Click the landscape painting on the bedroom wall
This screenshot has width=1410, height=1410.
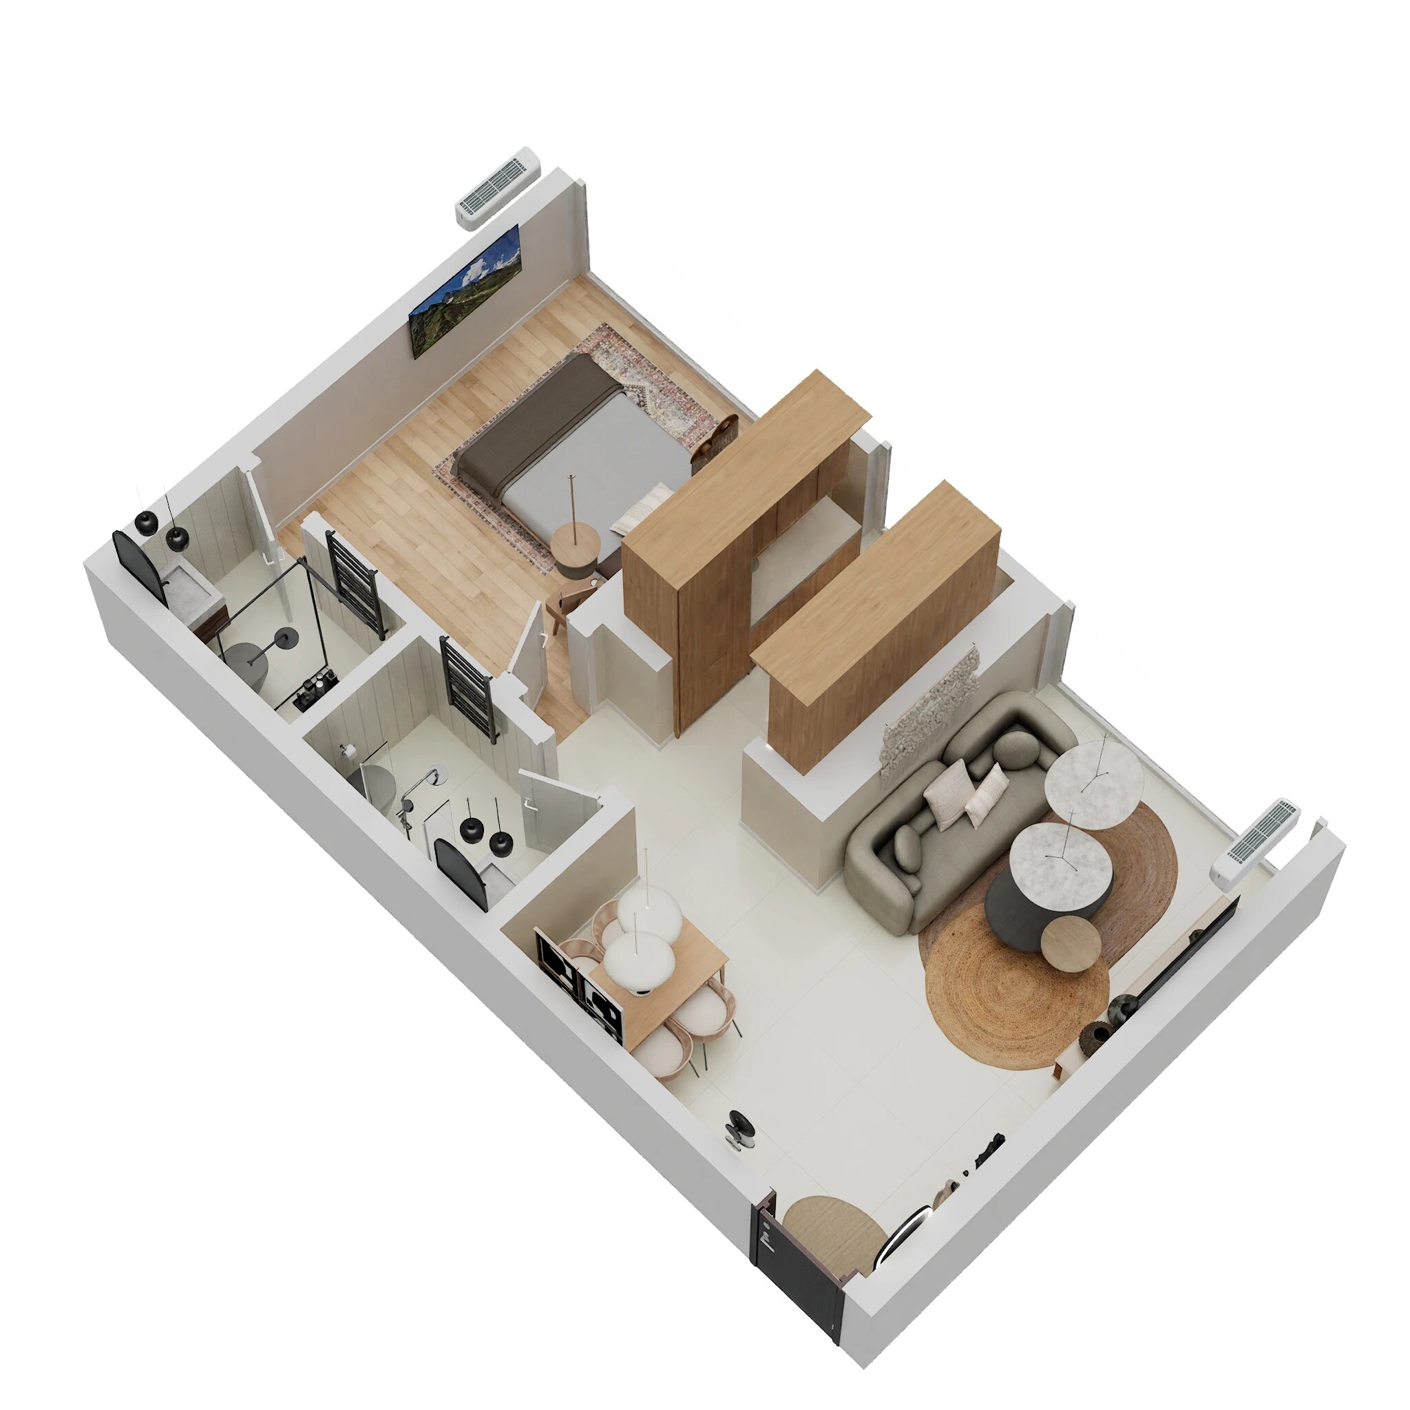point(465,291)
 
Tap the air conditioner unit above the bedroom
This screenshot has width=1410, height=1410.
point(498,187)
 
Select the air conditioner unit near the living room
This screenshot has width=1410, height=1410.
point(1254,839)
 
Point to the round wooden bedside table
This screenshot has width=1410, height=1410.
point(575,547)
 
